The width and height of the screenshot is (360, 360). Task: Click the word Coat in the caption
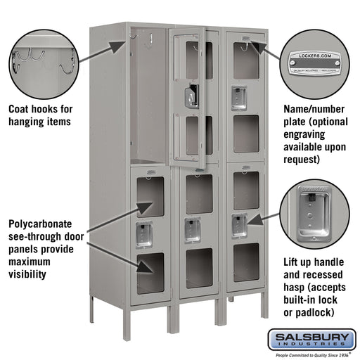pos(22,110)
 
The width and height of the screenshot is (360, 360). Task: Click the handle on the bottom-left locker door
pos(143,235)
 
